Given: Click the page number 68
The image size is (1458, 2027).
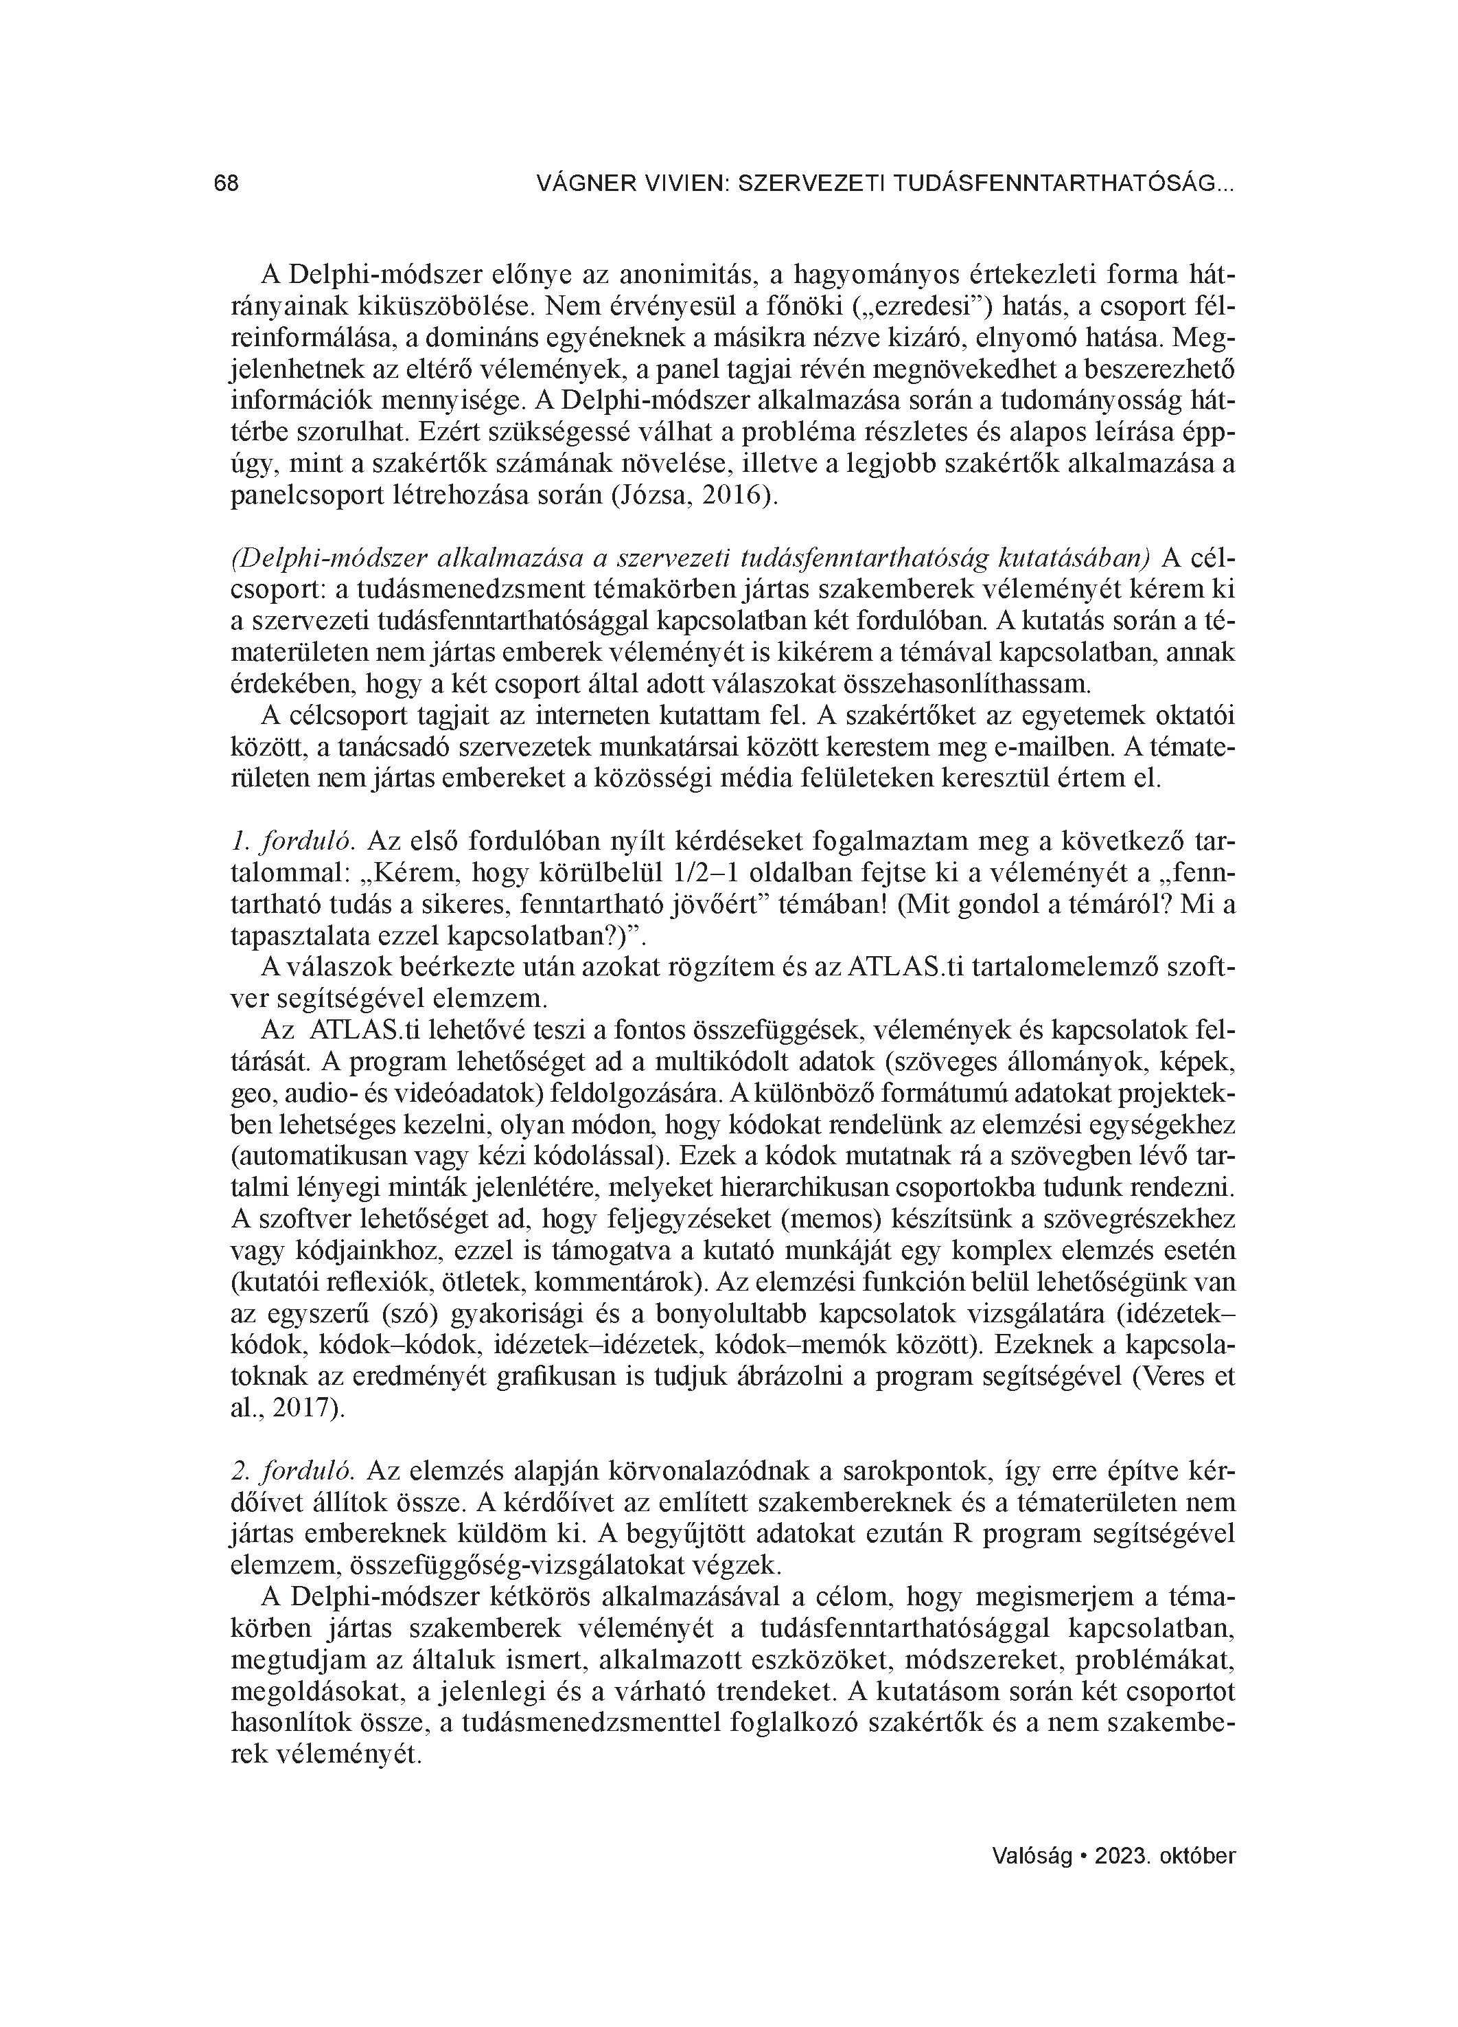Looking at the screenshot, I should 226,184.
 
